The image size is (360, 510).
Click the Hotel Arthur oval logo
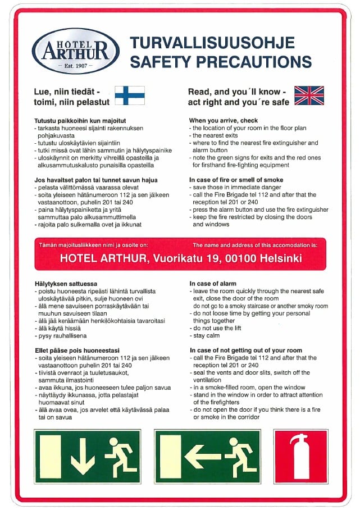coord(75,51)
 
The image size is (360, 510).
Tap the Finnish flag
coord(130,95)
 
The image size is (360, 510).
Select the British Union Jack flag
coord(309,95)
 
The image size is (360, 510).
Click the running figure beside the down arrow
coord(121,456)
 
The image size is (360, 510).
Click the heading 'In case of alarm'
coord(213,284)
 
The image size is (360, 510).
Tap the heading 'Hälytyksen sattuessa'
coord(62,284)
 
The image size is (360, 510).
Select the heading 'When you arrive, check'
coord(224,121)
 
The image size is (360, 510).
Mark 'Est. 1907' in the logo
coord(75,66)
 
